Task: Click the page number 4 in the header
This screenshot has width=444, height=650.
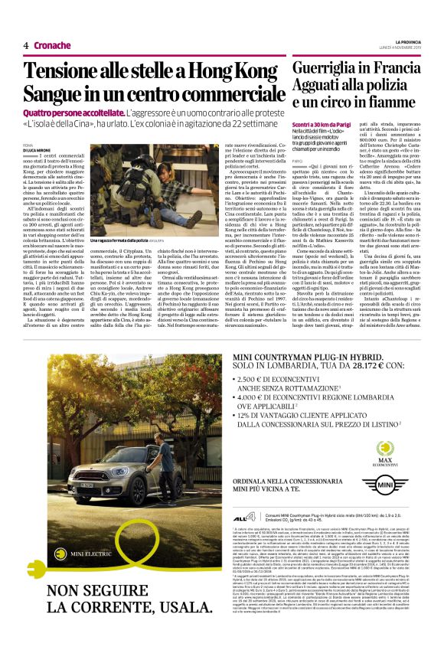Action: pos(26,45)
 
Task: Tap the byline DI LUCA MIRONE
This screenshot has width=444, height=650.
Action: pos(39,149)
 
